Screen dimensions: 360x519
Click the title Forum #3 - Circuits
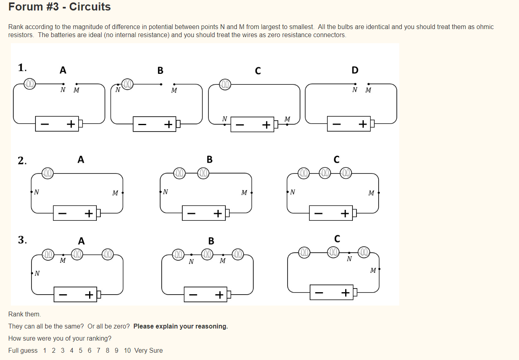pyautogui.click(x=59, y=7)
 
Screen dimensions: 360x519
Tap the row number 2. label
pyautogui.click(x=22, y=161)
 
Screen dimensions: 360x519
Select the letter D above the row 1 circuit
pyautogui.click(x=354, y=70)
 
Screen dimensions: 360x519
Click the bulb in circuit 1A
pyautogui.click(x=29, y=84)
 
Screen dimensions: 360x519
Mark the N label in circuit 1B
pyautogui.click(x=118, y=90)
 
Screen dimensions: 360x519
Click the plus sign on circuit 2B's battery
pyautogui.click(x=218, y=213)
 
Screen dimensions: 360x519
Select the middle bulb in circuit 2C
pyautogui.click(x=325, y=174)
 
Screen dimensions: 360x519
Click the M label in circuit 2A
pyautogui.click(x=115, y=193)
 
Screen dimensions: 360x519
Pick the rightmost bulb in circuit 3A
pyautogui.click(x=107, y=255)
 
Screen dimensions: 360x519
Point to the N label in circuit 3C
pyautogui.click(x=349, y=259)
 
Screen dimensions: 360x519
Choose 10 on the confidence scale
pyautogui.click(x=127, y=350)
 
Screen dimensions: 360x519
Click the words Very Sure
pyautogui.click(x=148, y=350)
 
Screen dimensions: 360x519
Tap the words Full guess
pyautogui.click(x=23, y=350)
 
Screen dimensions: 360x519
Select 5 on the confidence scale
pyautogui.click(x=80, y=350)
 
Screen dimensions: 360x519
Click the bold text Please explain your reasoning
pyautogui.click(x=180, y=326)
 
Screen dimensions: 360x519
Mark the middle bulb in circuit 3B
pyautogui.click(x=207, y=255)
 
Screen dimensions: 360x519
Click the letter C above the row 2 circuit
pyautogui.click(x=336, y=160)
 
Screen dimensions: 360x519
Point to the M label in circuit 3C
pyautogui.click(x=373, y=270)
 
